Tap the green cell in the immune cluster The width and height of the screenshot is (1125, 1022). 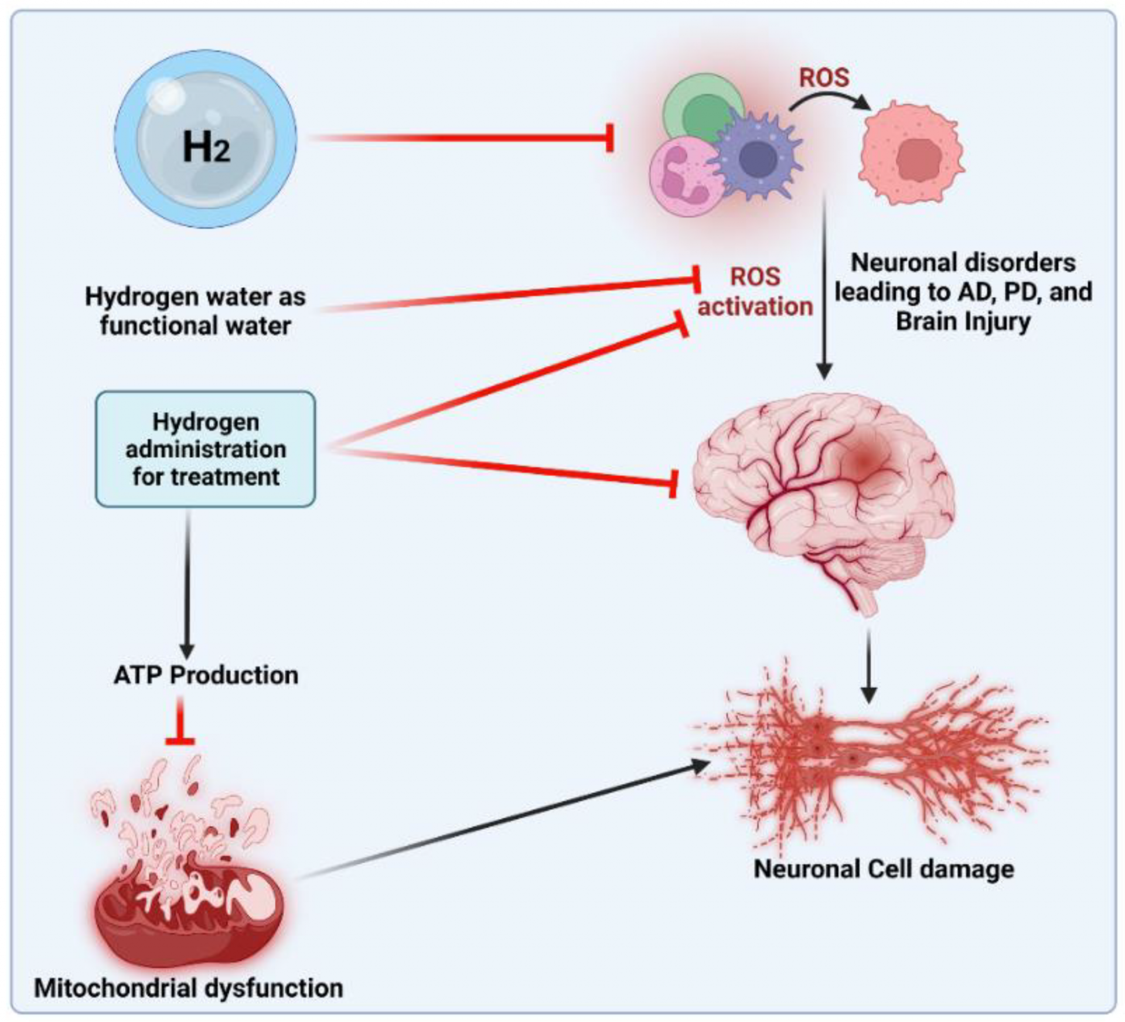pyautogui.click(x=700, y=108)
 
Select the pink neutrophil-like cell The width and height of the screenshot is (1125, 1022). pyautogui.click(x=683, y=179)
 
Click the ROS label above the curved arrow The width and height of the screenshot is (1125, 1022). pyautogui.click(x=824, y=77)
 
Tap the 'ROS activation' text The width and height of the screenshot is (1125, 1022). pyautogui.click(x=755, y=292)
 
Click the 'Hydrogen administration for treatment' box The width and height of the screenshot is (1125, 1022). pyautogui.click(x=206, y=449)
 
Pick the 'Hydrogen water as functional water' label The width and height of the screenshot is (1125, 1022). pyautogui.click(x=195, y=311)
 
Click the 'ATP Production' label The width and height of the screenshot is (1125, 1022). pyautogui.click(x=206, y=675)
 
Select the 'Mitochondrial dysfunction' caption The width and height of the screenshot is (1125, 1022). pyautogui.click(x=189, y=988)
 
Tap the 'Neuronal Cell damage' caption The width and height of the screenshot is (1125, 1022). pyautogui.click(x=884, y=868)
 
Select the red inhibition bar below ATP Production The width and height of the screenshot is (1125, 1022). pyautogui.click(x=180, y=741)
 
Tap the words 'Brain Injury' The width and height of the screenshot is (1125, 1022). pyautogui.click(x=963, y=321)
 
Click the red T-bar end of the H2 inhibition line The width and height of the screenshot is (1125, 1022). pyautogui.click(x=610, y=138)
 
